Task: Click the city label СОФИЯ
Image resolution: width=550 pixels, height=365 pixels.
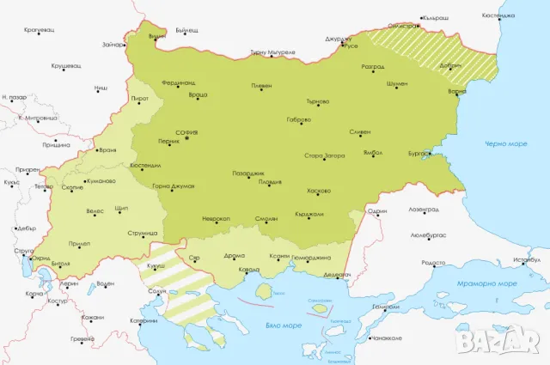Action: (x=186, y=132)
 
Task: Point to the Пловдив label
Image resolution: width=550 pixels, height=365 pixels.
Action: (x=270, y=182)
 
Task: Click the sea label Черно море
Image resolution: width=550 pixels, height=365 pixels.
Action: (x=504, y=143)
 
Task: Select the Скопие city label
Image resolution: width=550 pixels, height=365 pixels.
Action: (x=72, y=186)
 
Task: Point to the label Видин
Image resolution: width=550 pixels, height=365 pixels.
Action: (x=156, y=36)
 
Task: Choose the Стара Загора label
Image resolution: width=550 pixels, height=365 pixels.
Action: (x=324, y=156)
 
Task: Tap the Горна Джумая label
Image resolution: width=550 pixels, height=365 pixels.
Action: (x=173, y=186)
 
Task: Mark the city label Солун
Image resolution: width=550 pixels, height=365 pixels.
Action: (x=156, y=292)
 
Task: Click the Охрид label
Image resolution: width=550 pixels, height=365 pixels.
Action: (x=40, y=258)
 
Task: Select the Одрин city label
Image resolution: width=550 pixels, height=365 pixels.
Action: (x=377, y=210)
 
